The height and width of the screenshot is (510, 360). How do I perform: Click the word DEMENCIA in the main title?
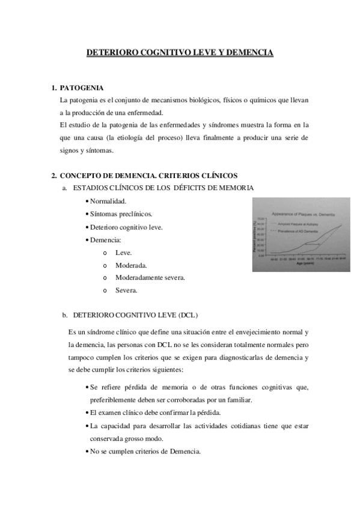tap(249, 54)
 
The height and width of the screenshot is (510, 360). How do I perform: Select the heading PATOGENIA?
tap(82, 88)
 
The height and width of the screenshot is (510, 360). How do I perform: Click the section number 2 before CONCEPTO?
tap(53, 176)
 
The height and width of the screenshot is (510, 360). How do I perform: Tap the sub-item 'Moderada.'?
tap(131, 265)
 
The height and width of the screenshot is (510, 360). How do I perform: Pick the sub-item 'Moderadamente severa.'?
tap(150, 278)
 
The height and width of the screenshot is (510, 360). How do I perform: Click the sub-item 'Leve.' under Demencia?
tap(124, 253)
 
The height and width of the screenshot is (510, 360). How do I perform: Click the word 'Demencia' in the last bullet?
tap(183, 451)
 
